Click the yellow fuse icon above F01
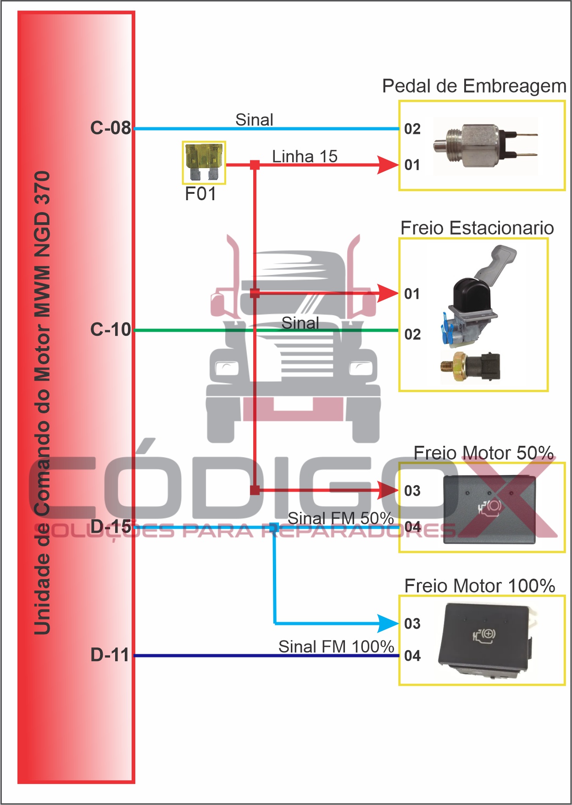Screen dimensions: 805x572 (x=204, y=162)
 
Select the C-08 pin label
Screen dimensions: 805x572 (x=111, y=128)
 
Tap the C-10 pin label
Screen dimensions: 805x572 (x=111, y=329)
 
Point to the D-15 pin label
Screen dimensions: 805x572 (x=111, y=526)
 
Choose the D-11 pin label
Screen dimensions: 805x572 (x=111, y=655)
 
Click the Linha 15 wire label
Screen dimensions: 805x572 (x=305, y=156)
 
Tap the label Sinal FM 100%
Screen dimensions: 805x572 (x=336, y=646)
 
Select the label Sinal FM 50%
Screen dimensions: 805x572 (x=340, y=518)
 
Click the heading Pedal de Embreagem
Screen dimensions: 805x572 (x=474, y=86)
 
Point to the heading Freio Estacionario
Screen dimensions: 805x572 (x=477, y=228)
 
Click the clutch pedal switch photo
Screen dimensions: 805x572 (x=485, y=146)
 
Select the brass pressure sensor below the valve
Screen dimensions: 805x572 (x=470, y=367)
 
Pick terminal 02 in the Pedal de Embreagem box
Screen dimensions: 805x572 (x=412, y=129)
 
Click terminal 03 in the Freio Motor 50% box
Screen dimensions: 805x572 (x=412, y=491)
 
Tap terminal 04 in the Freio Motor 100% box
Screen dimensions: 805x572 (x=412, y=656)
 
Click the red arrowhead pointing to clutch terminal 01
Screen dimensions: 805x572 (x=387, y=165)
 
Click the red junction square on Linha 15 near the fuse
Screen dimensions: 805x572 (x=255, y=165)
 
